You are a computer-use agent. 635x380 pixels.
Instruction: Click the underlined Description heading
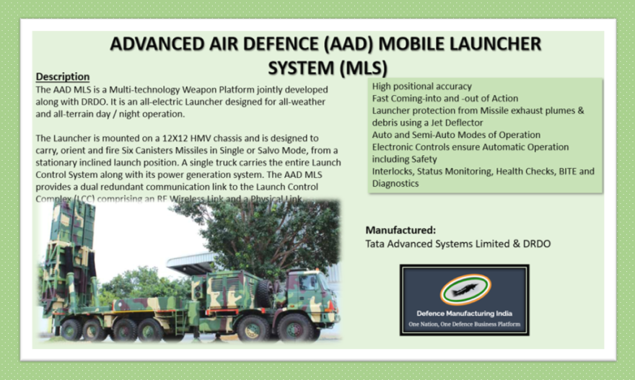[63, 76]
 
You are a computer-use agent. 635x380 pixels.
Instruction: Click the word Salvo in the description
[252, 149]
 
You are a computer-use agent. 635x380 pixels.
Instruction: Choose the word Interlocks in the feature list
[394, 171]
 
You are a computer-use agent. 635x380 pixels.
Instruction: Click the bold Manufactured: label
[400, 230]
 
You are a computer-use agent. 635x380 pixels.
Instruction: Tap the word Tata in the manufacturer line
[376, 244]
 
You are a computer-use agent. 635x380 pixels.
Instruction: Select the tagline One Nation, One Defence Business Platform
[465, 324]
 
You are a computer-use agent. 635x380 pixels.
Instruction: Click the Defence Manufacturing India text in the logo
[465, 314]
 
